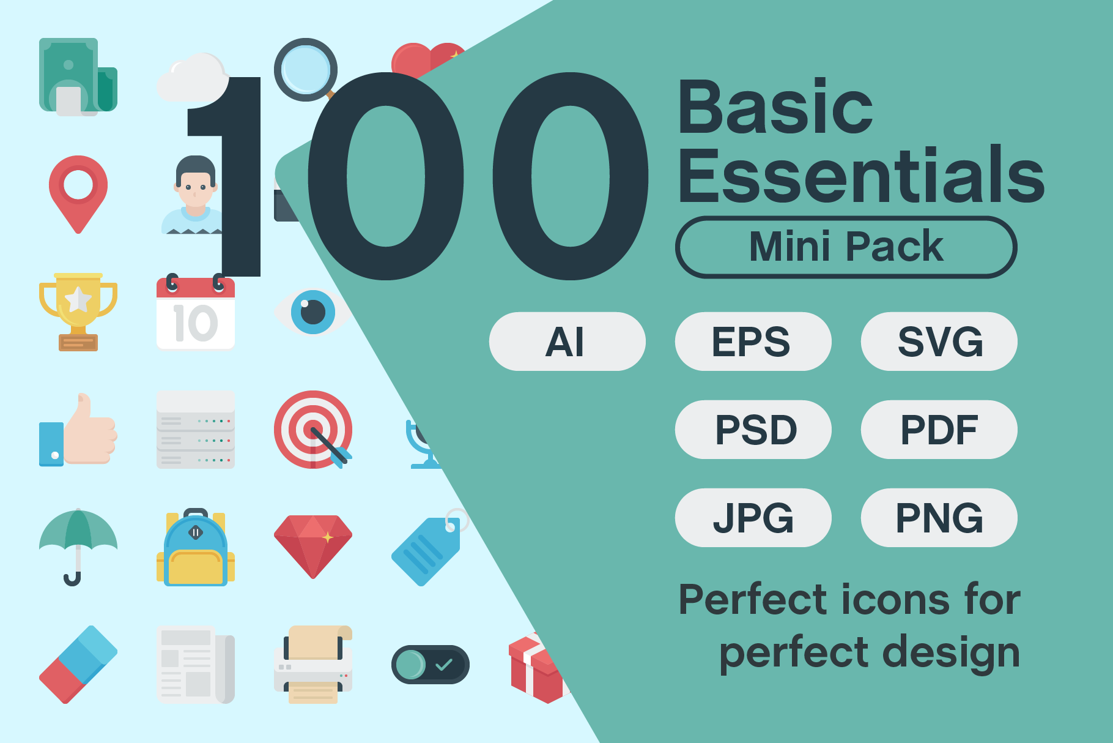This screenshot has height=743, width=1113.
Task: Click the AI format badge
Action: tap(567, 342)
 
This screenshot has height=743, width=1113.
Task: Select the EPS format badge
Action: tap(753, 342)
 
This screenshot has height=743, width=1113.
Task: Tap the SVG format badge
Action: tap(939, 342)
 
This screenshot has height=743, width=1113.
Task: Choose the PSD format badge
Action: tap(753, 430)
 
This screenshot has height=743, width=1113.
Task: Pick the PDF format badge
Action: tap(939, 430)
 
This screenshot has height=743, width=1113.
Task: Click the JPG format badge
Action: tap(753, 518)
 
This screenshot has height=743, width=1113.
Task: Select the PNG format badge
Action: tap(939, 518)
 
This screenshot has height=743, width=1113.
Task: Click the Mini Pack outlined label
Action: tap(846, 247)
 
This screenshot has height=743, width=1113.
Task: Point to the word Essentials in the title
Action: tap(861, 176)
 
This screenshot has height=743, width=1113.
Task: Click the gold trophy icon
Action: tap(78, 312)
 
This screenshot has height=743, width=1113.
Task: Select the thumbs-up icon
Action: tap(78, 430)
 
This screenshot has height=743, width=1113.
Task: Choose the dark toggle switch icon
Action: tap(431, 664)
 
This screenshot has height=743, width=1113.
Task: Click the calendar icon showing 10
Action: tap(196, 312)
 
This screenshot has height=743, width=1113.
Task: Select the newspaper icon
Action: tap(196, 664)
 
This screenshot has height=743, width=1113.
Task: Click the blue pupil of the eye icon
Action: tap(313, 312)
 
